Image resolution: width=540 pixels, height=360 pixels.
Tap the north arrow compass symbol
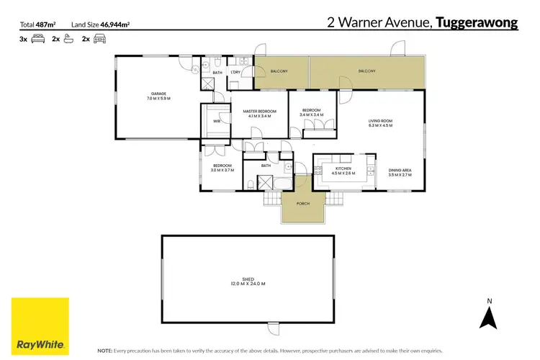click(x=490, y=314)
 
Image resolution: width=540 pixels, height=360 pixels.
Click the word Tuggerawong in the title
click(x=477, y=23)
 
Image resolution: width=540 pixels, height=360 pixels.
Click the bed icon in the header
click(x=37, y=40)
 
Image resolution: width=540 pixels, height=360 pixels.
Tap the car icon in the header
click(x=99, y=40)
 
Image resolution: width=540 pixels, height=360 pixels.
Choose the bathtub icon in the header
click(x=69, y=40)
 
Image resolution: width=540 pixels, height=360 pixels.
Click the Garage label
click(x=158, y=93)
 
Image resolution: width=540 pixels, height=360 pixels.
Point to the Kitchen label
click(x=343, y=168)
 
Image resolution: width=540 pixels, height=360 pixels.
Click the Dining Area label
click(x=400, y=170)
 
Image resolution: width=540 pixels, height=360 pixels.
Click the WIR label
click(x=217, y=121)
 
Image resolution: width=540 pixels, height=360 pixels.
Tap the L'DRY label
click(x=235, y=73)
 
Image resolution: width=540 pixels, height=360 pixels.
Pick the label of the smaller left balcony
click(x=279, y=71)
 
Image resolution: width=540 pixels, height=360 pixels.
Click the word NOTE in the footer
click(x=105, y=350)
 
